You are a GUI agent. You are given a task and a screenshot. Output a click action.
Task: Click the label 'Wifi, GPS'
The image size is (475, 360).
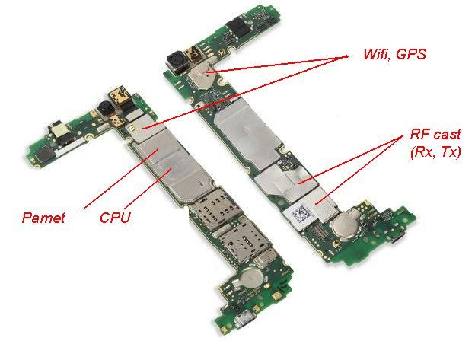tap(395, 54)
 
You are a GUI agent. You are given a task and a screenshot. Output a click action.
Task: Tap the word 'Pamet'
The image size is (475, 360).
tap(43, 218)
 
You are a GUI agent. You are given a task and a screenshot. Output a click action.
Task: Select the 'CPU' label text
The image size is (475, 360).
tap(116, 218)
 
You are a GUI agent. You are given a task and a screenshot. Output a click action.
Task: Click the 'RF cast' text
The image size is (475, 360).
tap(435, 134)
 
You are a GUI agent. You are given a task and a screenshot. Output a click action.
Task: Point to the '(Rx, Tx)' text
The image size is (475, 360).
tap(435, 152)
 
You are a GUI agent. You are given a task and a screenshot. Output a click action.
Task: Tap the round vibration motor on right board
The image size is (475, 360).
tap(345, 226)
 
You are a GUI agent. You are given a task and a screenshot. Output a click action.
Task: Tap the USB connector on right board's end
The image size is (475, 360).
tap(398, 237)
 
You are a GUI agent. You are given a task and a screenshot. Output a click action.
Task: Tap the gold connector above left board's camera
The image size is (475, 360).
tap(120, 95)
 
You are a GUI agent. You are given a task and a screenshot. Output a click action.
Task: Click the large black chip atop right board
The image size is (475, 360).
tap(239, 26)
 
